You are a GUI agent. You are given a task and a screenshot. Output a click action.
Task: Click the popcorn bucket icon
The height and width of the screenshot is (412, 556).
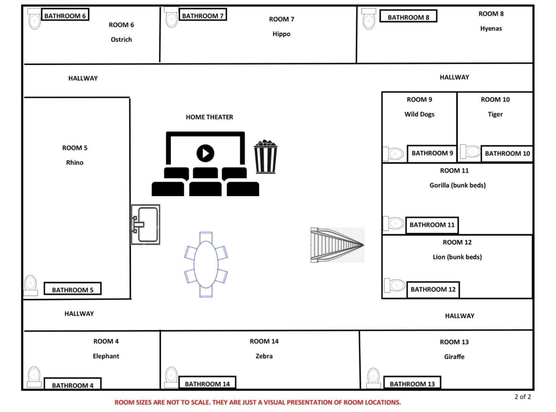265,157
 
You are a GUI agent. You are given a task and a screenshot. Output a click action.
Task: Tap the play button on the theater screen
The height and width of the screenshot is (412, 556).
205,153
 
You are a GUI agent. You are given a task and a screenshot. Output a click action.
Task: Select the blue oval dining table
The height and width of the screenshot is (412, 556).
206,265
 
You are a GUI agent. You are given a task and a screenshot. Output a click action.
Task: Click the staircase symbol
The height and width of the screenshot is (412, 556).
337,245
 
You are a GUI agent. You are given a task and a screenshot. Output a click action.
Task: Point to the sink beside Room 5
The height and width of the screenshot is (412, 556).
145,224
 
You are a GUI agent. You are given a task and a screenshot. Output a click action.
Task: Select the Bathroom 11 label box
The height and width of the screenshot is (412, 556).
432,225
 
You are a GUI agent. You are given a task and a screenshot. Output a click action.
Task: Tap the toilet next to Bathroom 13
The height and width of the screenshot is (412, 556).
373,378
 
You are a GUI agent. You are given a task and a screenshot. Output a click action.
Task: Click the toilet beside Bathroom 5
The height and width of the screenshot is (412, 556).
30,285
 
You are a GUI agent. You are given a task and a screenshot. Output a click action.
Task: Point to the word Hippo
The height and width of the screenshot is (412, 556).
281,34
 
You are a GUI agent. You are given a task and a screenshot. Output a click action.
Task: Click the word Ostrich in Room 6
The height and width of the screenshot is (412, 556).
121,40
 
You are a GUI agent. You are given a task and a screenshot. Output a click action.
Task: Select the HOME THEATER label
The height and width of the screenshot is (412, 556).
209,117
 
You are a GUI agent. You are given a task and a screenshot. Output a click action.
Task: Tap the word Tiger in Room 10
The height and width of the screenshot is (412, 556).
495,114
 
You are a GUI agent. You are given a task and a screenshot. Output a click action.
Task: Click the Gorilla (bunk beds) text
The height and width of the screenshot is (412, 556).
457,185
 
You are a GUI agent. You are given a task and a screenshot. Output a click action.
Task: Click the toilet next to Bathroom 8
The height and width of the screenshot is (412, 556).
369,19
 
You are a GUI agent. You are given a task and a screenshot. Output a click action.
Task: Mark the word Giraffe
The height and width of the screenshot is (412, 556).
454,357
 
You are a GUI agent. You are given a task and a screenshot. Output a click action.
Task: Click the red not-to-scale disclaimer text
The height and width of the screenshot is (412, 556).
258,402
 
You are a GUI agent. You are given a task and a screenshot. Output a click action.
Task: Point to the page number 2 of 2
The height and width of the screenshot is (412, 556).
523,397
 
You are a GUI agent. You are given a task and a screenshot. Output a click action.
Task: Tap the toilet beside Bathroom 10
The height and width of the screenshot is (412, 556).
470,152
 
